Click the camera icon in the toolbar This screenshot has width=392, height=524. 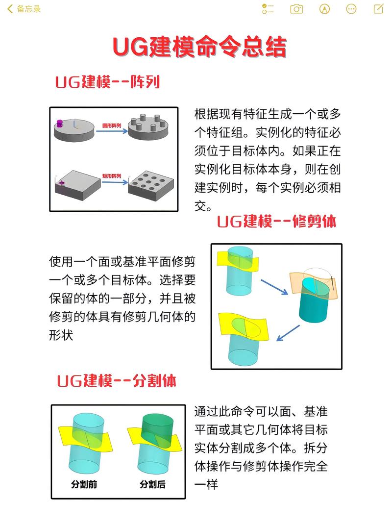296,9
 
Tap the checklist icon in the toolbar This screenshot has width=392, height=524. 268,9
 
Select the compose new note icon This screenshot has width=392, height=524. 378,9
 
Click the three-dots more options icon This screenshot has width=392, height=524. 351,9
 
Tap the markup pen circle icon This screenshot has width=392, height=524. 324,9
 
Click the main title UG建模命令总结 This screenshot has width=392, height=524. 199,48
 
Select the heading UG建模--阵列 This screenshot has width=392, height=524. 107,82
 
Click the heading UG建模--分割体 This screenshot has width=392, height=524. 116,381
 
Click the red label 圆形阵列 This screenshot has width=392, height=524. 111,125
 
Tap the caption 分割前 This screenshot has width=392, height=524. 84,484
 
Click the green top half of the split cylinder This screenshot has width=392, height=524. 157,424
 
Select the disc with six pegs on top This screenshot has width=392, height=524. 148,128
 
